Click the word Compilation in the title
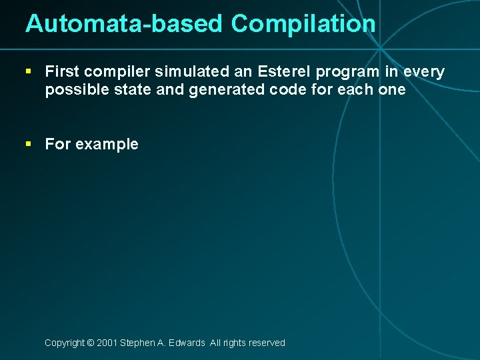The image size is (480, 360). tap(303, 24)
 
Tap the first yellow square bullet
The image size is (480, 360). tap(29, 71)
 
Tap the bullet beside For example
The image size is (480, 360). tap(29, 143)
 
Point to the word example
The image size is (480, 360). tap(107, 145)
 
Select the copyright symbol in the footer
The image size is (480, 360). tap(90, 343)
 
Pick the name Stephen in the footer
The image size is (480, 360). tap(138, 343)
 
